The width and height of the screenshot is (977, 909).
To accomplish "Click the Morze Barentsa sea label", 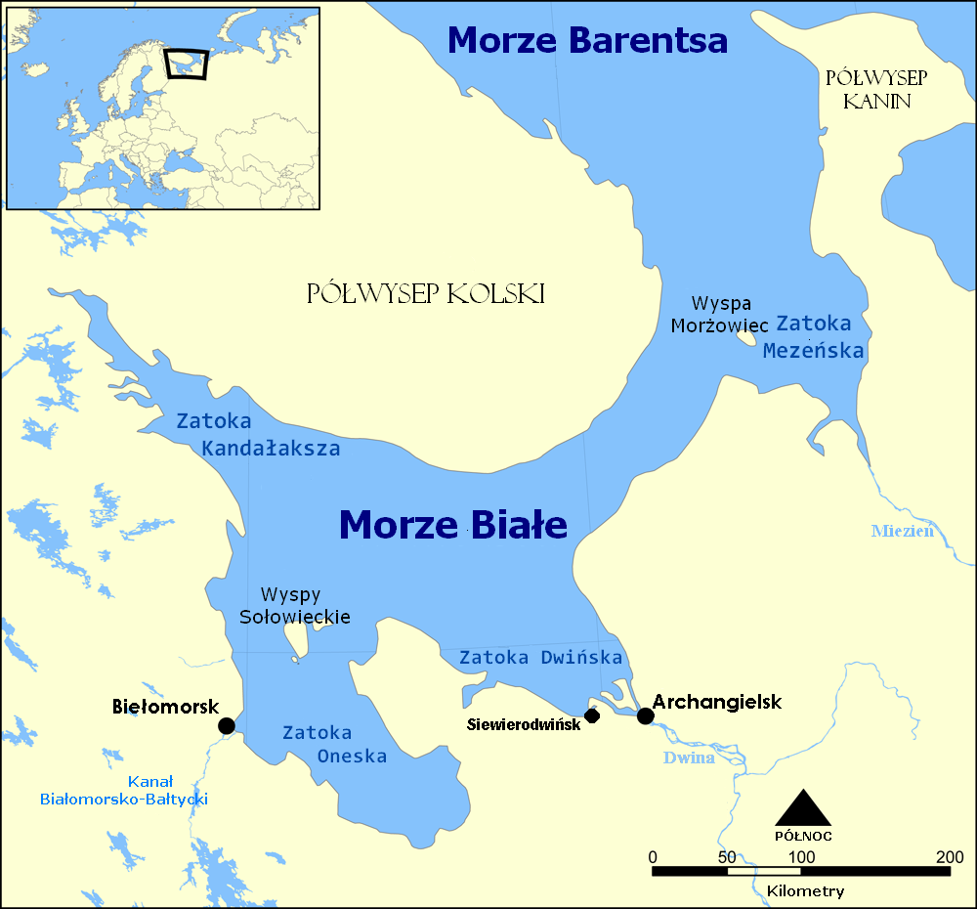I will pos(588,40).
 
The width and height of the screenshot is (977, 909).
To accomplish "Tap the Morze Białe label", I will pos(453,525).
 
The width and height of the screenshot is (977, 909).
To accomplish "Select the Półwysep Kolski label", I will pos(425,293).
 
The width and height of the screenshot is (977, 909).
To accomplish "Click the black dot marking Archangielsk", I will pos(645,716).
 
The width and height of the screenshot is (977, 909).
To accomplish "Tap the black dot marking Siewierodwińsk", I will pos(591,715).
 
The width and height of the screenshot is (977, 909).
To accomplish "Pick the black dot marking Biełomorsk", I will pos(226,725).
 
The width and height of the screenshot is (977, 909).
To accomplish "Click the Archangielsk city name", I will pos(717,701).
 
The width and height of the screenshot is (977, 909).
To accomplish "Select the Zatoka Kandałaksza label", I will pos(258,435).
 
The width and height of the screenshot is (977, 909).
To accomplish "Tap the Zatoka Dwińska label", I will pos(540,657).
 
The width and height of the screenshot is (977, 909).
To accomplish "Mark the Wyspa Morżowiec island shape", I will pos(747,338).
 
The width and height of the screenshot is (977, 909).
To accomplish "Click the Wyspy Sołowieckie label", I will pos(294,605).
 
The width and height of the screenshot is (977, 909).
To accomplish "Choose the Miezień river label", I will pos(902,531).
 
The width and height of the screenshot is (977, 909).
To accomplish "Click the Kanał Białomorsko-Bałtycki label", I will pos(124,791).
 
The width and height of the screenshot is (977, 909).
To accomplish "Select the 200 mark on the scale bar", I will pos(949,857).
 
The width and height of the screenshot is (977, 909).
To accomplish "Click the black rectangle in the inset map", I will pos(187,64).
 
